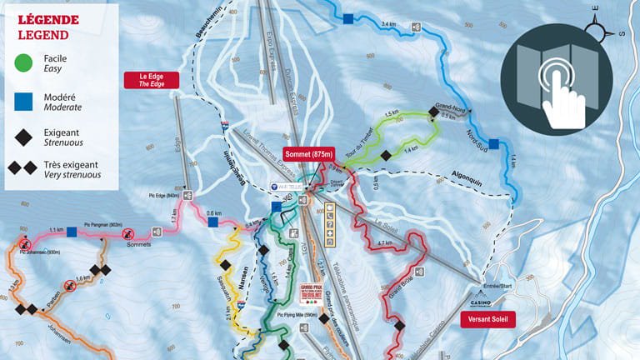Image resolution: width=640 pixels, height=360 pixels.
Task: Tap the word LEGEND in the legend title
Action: (43, 34)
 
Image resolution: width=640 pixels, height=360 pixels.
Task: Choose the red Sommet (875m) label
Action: (309, 154)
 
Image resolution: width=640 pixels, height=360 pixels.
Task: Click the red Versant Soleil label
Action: (488, 318)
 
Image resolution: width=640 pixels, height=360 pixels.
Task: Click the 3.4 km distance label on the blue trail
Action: (388, 25)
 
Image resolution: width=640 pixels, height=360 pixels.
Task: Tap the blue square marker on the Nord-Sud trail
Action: (494, 143)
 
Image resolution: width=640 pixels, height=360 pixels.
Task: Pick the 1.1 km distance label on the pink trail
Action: (57, 229)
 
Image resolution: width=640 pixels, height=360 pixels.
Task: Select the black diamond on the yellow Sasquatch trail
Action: (225, 264)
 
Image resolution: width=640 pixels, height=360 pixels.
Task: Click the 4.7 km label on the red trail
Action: (385, 242)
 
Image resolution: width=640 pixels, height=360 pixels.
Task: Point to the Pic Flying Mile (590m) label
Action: (291, 316)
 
